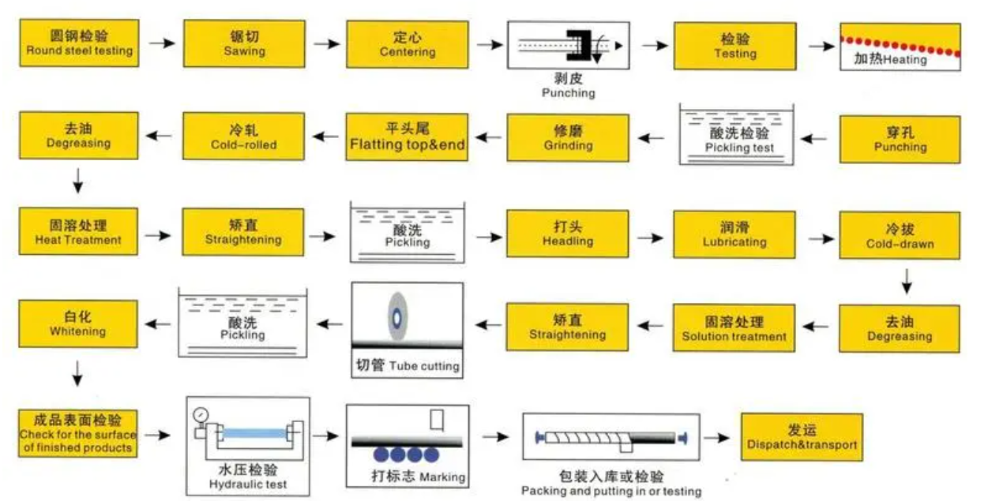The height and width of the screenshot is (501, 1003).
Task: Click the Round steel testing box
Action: coord(79,43)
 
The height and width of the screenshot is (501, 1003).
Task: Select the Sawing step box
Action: coord(244,43)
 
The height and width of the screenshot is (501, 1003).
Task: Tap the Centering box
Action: coord(407,44)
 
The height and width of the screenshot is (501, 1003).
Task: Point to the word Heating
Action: coord(905,60)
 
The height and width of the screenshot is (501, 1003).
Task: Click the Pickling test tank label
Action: coord(739,148)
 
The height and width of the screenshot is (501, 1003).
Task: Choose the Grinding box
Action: coord(568,137)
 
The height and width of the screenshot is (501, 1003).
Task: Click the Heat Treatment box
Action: coord(78,232)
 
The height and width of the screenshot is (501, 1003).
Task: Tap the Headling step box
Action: coord(568,234)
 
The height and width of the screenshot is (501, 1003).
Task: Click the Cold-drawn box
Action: coord(900,235)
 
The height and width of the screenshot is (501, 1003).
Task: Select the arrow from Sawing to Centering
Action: coord(325,43)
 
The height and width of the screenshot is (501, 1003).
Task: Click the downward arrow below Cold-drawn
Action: coord(907,280)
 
